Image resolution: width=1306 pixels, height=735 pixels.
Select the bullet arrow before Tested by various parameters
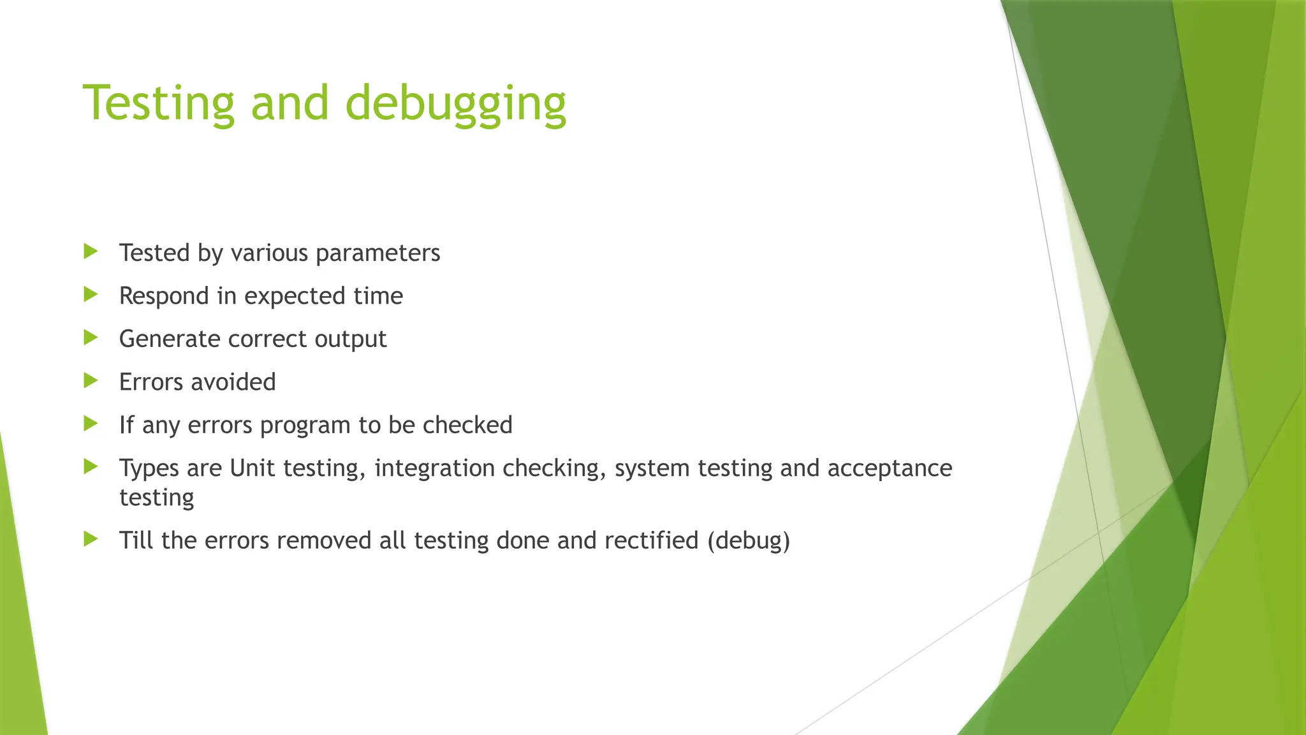click(91, 251)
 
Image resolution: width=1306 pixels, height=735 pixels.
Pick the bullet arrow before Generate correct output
click(91, 338)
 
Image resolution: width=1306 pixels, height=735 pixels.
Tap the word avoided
click(233, 382)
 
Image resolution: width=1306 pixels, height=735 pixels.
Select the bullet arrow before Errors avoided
click(91, 381)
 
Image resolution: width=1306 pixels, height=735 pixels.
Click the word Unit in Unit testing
click(253, 468)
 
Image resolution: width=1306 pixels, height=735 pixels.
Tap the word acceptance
click(890, 469)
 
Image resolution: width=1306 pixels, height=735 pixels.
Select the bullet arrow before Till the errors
click(91, 539)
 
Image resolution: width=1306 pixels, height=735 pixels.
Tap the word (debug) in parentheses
click(749, 541)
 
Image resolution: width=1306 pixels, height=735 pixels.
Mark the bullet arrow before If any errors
click(91, 424)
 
